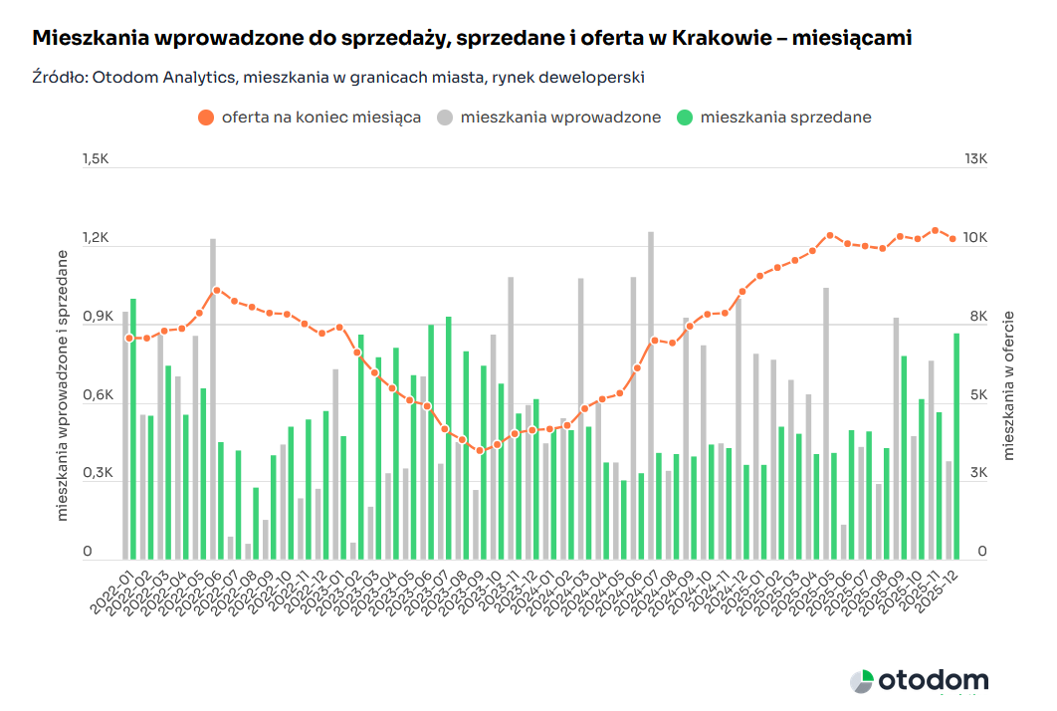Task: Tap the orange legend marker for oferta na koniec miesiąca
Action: [x=206, y=118]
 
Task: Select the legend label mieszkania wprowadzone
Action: [x=560, y=118]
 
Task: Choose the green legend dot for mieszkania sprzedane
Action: [x=684, y=118]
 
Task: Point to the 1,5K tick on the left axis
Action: [x=96, y=160]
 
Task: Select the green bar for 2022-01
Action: [x=133, y=428]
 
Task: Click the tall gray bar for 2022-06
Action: [x=212, y=398]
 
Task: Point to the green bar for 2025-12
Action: [x=957, y=446]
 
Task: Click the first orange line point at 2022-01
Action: [x=128, y=339]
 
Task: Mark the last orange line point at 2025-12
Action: [x=952, y=239]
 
